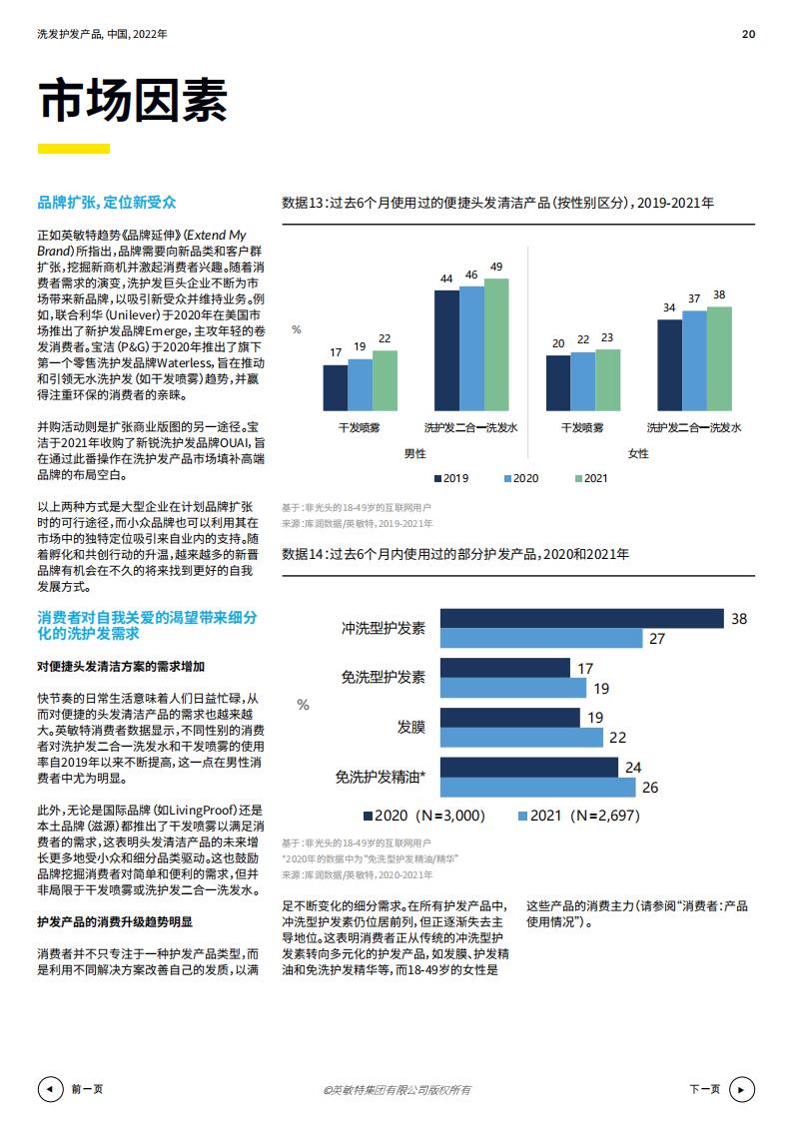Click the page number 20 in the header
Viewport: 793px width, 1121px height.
748,34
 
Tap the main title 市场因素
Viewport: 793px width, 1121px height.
133,100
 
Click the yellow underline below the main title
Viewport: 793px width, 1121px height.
73,149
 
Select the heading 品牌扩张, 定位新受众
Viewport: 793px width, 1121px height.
106,203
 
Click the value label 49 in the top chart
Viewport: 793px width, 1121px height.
496,267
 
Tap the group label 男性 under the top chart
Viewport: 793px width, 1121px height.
414,453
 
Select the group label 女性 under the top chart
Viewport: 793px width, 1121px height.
638,453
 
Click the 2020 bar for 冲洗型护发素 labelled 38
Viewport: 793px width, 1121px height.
581,619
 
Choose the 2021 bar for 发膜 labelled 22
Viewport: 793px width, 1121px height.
521,737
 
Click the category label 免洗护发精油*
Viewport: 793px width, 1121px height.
381,777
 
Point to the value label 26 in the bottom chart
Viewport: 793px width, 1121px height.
650,787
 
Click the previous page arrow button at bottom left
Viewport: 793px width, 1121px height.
48,1089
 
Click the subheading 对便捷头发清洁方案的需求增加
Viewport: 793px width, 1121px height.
121,666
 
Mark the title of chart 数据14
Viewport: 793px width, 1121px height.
455,554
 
